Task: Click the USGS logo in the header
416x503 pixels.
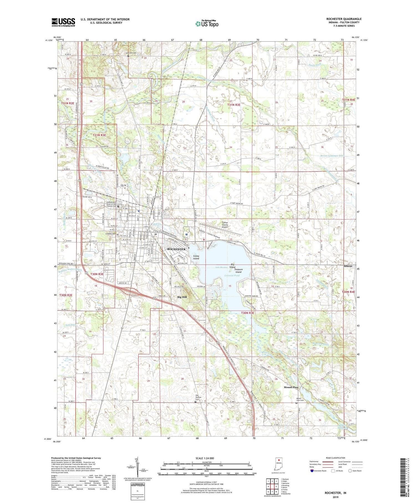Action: (63, 22)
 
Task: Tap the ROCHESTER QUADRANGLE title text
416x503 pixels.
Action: (344, 19)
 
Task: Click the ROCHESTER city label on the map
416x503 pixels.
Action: (176, 249)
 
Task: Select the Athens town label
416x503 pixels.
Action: (348, 266)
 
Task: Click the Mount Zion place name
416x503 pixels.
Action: (291, 387)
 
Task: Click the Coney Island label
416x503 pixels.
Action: (196, 257)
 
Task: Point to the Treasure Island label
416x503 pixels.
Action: (238, 271)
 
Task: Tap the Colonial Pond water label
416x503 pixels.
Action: (232, 275)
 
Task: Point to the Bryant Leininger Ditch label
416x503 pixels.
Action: (332, 156)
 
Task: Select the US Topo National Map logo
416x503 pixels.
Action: (207, 24)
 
